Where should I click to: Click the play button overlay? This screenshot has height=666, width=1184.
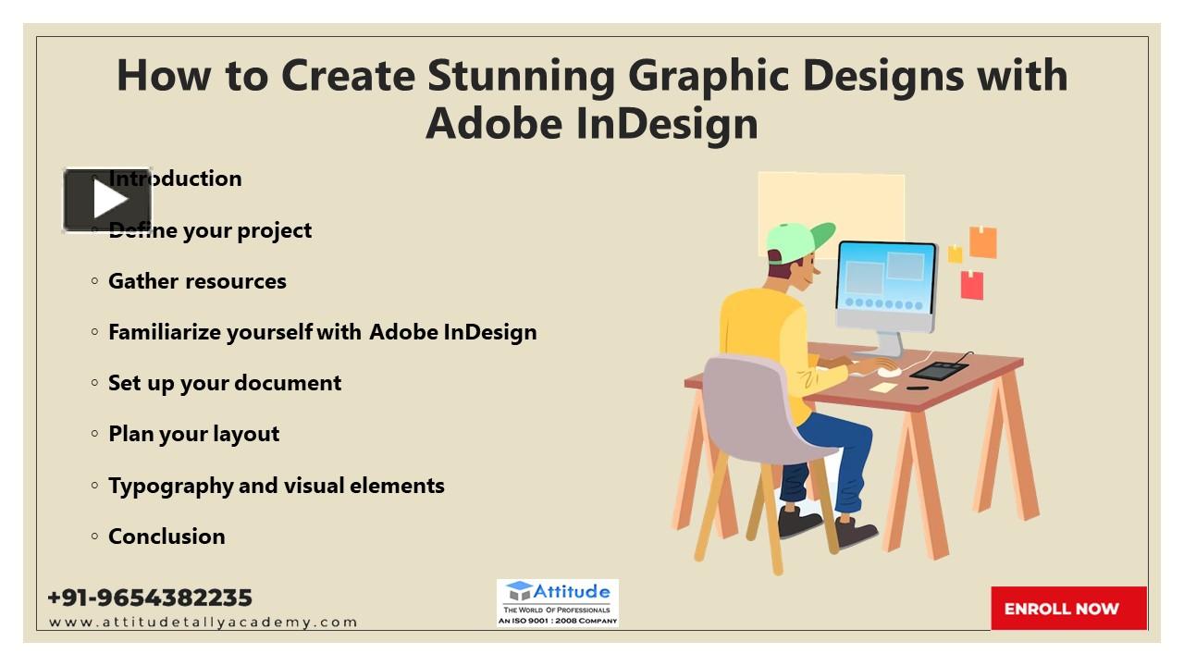(x=107, y=200)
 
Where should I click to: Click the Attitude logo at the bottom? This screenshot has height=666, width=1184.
(x=557, y=603)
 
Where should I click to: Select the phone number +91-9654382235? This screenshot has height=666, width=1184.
(x=150, y=598)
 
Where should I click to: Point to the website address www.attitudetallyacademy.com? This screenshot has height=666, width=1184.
(x=203, y=623)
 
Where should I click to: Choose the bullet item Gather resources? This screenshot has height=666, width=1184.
(x=197, y=281)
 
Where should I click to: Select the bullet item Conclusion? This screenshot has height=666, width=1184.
(x=166, y=536)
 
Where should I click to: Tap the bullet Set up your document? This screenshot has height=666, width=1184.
(x=225, y=383)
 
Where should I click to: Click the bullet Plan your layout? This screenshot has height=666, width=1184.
(x=193, y=434)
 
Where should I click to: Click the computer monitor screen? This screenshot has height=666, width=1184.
(x=885, y=276)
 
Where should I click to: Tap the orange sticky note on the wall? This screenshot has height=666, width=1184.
(x=982, y=242)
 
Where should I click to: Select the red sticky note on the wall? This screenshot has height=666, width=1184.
(x=971, y=285)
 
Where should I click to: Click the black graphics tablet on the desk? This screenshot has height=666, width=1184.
(x=939, y=370)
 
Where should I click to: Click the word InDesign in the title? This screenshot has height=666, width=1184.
(x=666, y=123)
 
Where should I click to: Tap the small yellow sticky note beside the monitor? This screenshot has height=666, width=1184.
(x=955, y=253)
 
